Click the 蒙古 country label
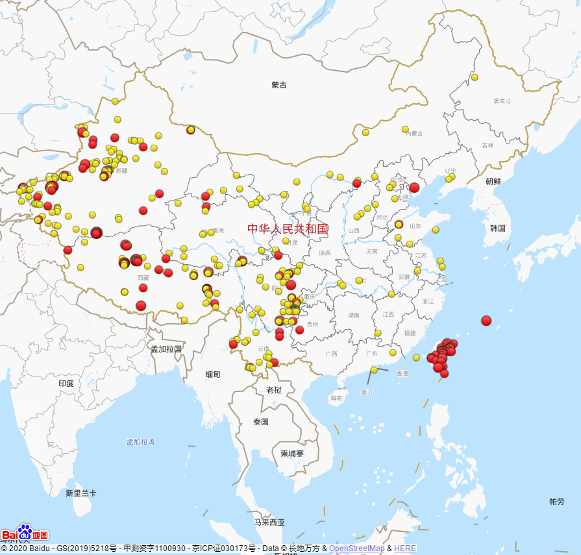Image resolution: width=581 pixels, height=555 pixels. [279, 85]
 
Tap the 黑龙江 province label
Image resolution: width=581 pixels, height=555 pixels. [502, 101]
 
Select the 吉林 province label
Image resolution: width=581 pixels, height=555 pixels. [488, 145]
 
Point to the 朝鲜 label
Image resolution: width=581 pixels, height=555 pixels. [493, 182]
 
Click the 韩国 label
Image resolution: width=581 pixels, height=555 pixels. [498, 228]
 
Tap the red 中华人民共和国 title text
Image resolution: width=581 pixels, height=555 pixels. [288, 228]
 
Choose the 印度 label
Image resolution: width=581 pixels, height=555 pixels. [66, 384]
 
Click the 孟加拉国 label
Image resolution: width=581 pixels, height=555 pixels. [166, 349]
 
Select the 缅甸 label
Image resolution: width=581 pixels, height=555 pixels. [213, 375]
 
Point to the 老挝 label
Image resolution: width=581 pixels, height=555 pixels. [274, 390]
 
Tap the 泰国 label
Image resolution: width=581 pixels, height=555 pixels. [262, 422]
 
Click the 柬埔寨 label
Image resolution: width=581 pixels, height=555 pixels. [292, 453]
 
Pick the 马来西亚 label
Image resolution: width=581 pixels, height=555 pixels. [269, 522]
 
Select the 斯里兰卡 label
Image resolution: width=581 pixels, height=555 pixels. [81, 493]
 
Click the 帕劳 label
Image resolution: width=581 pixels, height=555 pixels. [557, 501]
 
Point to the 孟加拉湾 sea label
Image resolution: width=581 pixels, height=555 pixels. [141, 442]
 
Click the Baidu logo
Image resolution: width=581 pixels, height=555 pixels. [25, 534]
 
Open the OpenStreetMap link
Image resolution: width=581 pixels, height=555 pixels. [356, 549]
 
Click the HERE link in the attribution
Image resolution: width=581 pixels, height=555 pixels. [405, 549]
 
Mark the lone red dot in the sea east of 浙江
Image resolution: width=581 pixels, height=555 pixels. [486, 320]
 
